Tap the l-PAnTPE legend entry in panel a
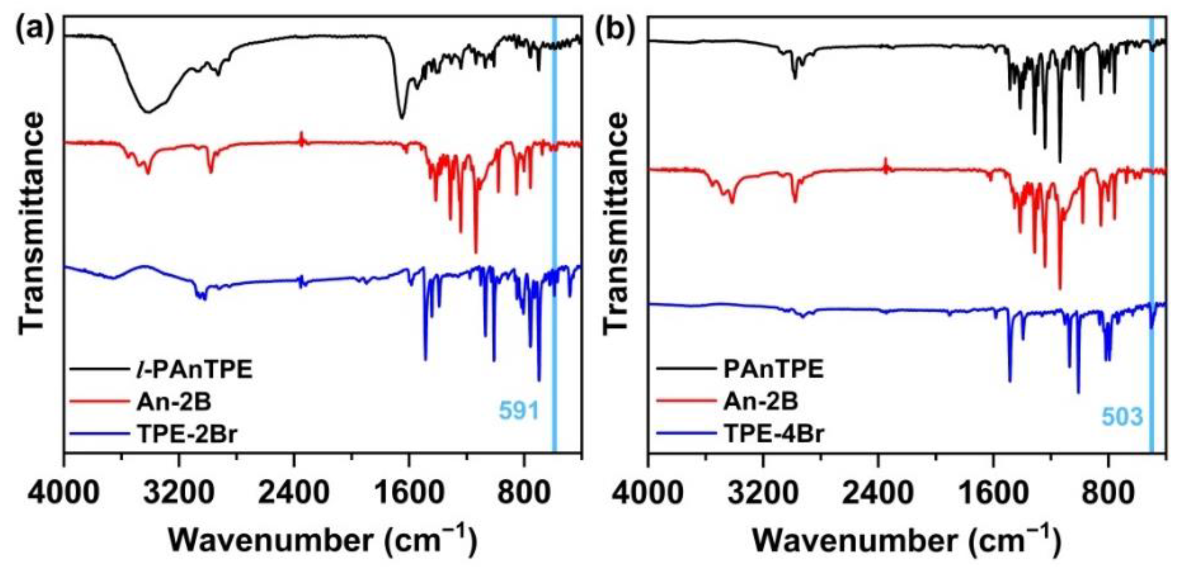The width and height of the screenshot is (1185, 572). coord(192,370)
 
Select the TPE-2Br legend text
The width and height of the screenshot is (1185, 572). coord(187,434)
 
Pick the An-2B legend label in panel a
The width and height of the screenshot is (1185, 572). coord(174,402)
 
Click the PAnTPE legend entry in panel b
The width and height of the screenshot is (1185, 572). coord(773,370)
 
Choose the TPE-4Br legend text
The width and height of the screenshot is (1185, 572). coord(774,434)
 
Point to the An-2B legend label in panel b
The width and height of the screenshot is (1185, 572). coord(761,402)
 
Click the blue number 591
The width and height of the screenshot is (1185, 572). coord(519,411)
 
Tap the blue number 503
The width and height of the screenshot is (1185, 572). coord(1122,416)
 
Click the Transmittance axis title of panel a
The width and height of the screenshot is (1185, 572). coord(32,224)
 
